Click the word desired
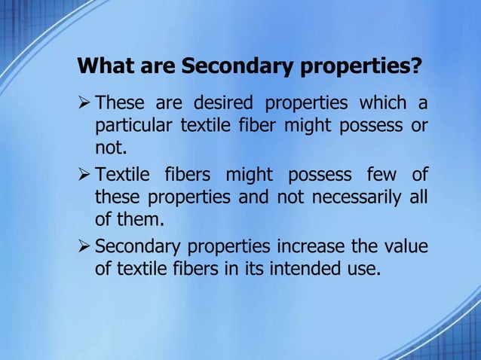(222, 102)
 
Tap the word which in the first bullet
(383, 102)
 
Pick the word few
(381, 175)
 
